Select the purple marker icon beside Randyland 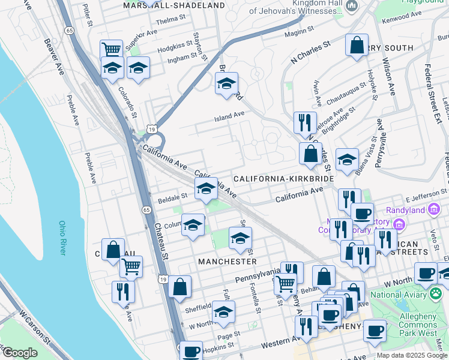400,224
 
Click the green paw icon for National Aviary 436,294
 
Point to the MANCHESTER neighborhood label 228,262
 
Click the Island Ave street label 230,115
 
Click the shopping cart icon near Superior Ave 112,49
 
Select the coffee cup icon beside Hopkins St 191,352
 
